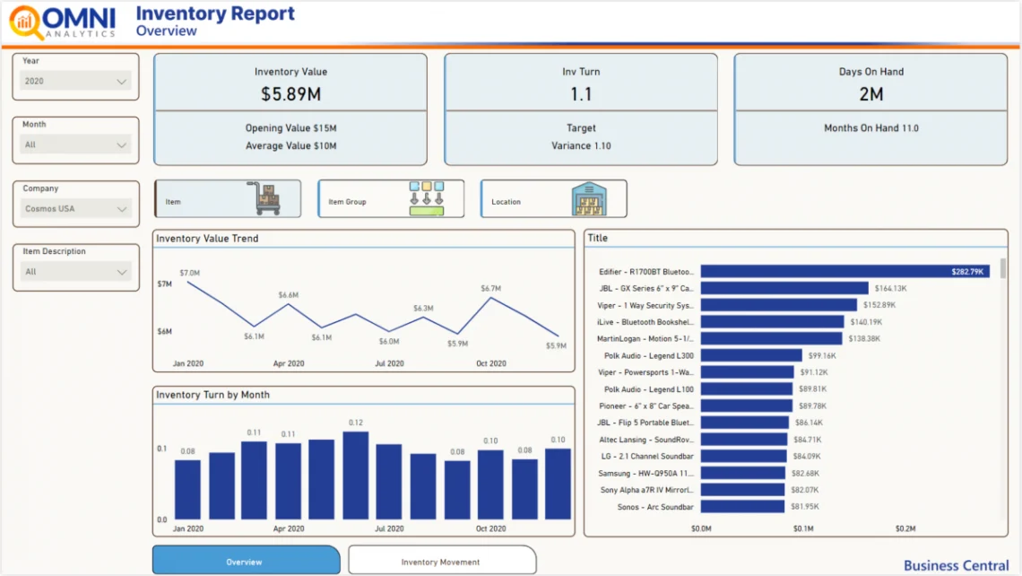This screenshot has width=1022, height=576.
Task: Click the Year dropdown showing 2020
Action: (76, 82)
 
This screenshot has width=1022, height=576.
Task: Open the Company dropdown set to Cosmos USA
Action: (76, 209)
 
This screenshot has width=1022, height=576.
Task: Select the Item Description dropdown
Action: (76, 272)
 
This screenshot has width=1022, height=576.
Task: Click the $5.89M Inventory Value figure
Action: (290, 94)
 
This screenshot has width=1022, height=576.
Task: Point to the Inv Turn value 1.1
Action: (581, 94)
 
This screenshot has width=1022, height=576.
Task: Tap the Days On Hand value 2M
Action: (870, 94)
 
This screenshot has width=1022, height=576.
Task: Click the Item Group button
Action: (391, 199)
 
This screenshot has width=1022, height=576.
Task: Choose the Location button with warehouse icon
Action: (553, 199)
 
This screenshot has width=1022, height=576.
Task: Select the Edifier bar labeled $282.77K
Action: (844, 271)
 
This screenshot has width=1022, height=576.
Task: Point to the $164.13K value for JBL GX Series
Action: (890, 289)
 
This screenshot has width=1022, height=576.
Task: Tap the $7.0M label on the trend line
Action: (189, 273)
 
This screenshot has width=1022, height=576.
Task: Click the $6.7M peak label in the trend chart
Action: (490, 289)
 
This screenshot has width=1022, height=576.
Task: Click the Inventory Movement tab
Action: (441, 562)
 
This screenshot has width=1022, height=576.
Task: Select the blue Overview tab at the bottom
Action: (246, 562)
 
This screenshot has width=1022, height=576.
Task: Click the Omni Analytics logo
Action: (63, 22)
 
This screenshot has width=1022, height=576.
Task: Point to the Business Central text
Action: (956, 565)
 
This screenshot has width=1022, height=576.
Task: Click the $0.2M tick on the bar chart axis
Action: (906, 529)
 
